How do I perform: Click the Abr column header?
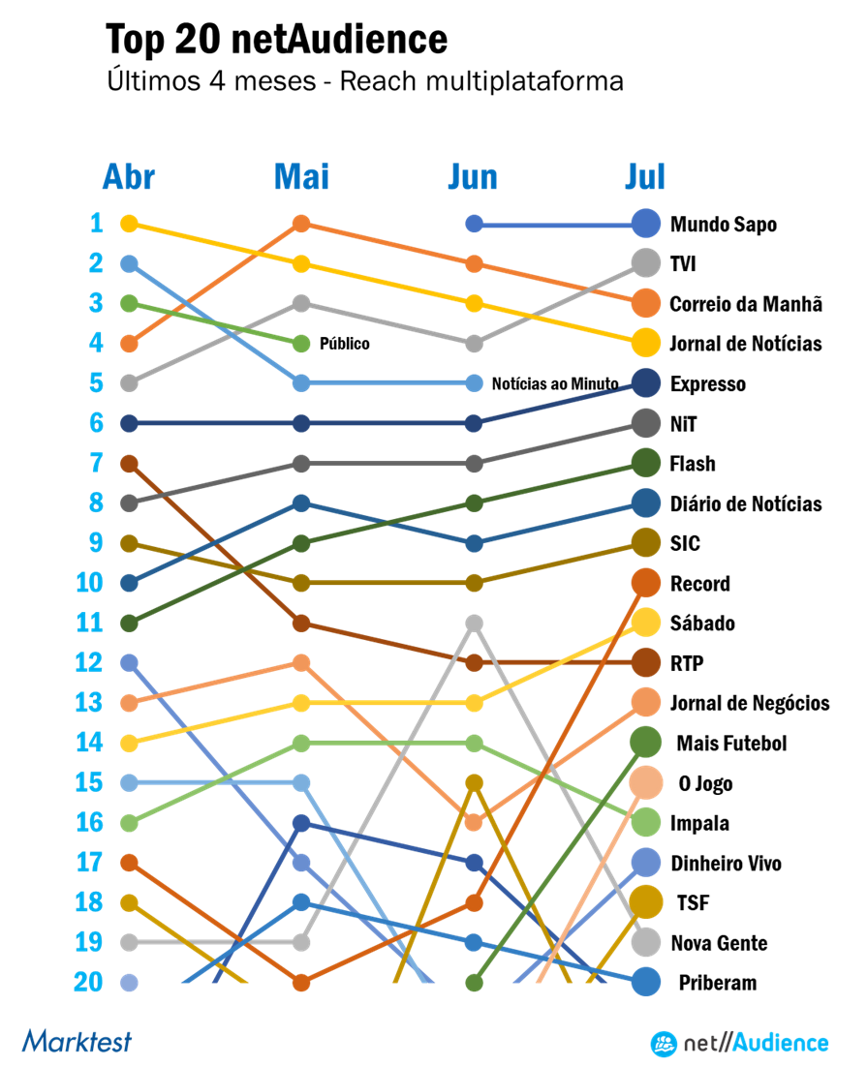coord(129,178)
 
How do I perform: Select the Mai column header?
coord(301,178)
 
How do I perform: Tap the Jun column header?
coord(473,178)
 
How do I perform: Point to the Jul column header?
coord(645,178)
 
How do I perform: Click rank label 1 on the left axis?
coord(97,224)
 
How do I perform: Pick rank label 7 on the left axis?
coord(96,464)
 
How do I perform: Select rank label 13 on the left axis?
coord(89,702)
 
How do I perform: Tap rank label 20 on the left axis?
coord(88,982)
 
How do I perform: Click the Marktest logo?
coord(77,1042)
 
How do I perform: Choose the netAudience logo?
coord(739,1043)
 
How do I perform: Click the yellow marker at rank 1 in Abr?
coord(129,224)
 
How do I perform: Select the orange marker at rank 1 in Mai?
coord(301,224)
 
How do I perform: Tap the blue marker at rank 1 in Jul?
coord(646,224)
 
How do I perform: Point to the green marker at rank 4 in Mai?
coord(301,344)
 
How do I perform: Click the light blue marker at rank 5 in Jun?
coord(474,382)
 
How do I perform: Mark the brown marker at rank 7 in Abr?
coord(129,464)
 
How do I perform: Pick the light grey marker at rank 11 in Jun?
coord(474,623)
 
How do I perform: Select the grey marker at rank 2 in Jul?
coord(646,263)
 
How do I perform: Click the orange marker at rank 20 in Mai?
coord(301,982)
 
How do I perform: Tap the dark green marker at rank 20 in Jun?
coord(474,982)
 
